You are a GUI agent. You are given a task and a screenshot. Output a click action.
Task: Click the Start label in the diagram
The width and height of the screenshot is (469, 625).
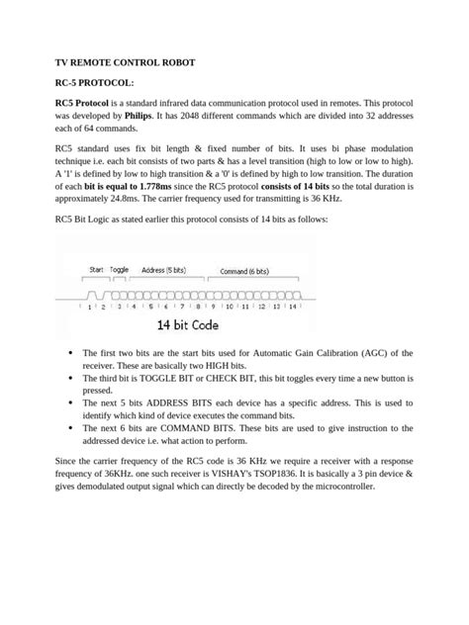(x=97, y=269)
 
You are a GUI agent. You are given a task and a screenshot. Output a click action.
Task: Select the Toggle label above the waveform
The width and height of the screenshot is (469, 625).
(x=120, y=269)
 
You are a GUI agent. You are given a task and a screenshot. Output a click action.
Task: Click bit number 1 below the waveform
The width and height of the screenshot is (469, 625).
(x=90, y=307)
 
